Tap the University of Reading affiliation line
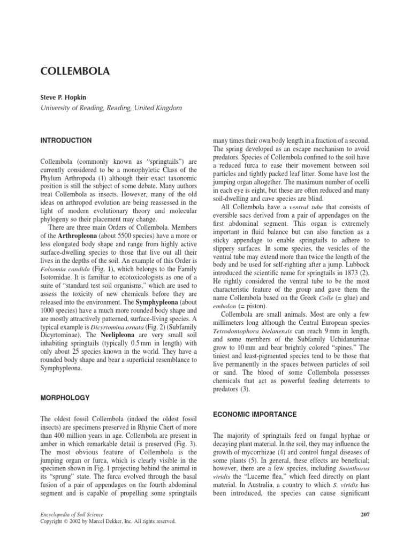(x=111, y=108)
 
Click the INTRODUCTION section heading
(x=66, y=140)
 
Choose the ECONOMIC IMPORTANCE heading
(x=248, y=414)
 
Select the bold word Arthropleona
(x=72, y=237)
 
